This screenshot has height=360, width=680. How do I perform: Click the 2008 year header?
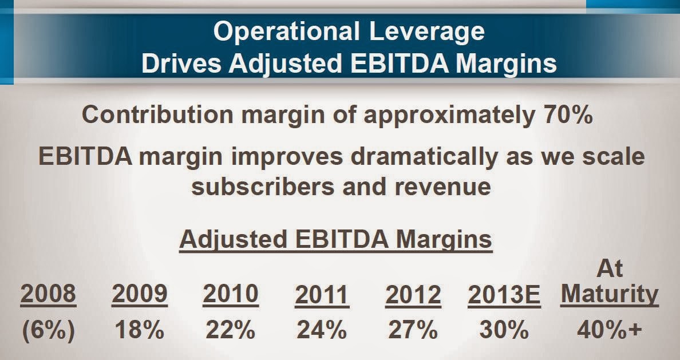48,294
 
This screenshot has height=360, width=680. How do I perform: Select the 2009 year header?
140,294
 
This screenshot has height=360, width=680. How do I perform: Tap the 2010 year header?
231,294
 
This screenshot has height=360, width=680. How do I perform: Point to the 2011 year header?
322,295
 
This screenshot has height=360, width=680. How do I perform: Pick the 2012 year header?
413,295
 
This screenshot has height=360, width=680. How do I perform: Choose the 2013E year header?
504,295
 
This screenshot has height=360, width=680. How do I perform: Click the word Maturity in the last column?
610,294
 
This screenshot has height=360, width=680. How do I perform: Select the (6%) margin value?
48,331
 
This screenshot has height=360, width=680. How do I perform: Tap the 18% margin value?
140,331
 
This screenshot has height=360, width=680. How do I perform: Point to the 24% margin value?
322,331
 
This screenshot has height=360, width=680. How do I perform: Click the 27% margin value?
413,331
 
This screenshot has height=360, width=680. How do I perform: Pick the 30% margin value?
504,331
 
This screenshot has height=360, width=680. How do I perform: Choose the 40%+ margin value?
610,331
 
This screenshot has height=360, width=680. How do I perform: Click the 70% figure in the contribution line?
565,114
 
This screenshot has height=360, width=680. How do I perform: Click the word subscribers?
258,186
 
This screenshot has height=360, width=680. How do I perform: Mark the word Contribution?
149,114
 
